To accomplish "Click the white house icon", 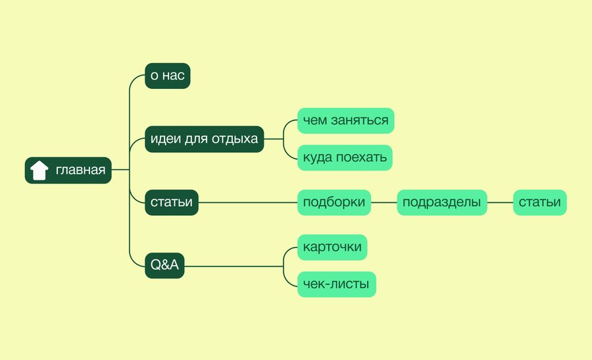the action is click(x=39, y=170).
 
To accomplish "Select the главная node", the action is click(x=68, y=170).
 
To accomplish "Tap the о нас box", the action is click(x=168, y=76).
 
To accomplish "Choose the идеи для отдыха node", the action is click(x=205, y=139).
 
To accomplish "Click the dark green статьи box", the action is click(x=172, y=203).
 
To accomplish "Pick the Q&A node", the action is click(x=164, y=266).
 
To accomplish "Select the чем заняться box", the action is click(x=346, y=120).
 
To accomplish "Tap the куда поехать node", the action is click(x=345, y=157).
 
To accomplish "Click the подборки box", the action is click(x=334, y=203).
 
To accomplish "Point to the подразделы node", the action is click(x=442, y=203).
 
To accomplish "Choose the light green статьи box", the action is click(x=540, y=203).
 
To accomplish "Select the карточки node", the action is click(x=332, y=247).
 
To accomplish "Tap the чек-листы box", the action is click(x=337, y=284).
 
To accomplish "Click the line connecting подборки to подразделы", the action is click(x=384, y=203).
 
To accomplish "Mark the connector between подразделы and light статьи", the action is click(x=501, y=203).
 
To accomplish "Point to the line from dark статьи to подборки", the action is click(x=248, y=203).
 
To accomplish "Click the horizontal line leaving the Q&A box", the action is click(x=234, y=266).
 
